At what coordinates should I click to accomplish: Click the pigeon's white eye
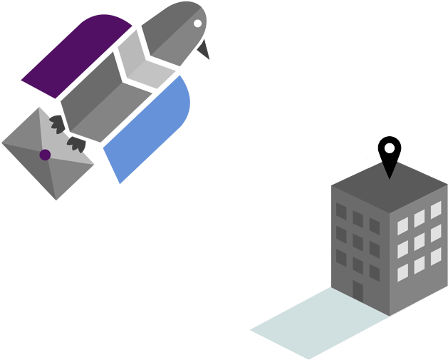[x=198, y=24]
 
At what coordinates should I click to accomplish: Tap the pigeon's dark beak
[x=206, y=49]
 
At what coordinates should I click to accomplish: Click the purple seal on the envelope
[x=45, y=155]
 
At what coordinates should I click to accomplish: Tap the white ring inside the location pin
[x=389, y=148]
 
